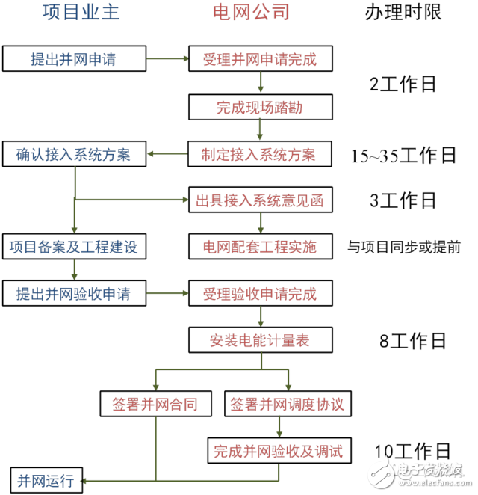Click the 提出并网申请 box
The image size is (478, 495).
(x=73, y=59)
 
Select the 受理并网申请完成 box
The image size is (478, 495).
(x=259, y=59)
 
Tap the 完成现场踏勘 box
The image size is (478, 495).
(x=259, y=107)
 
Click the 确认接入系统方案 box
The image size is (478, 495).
(x=73, y=155)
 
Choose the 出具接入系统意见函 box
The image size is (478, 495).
(x=259, y=200)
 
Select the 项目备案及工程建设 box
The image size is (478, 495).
(x=73, y=246)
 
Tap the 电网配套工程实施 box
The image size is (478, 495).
(x=259, y=246)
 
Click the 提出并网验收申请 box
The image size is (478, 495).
(x=73, y=292)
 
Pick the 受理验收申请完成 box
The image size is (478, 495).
(x=259, y=292)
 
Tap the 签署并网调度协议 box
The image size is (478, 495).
(x=287, y=404)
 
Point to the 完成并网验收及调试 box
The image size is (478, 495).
(x=277, y=450)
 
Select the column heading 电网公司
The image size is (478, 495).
(x=258, y=13)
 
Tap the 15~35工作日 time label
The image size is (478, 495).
(x=404, y=156)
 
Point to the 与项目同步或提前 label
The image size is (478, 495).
(x=404, y=247)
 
